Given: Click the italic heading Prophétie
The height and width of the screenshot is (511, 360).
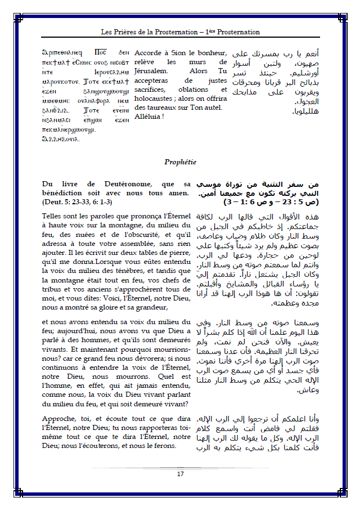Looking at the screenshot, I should pos(180,162).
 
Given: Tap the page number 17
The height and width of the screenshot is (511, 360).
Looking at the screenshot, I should pos(180,474).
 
